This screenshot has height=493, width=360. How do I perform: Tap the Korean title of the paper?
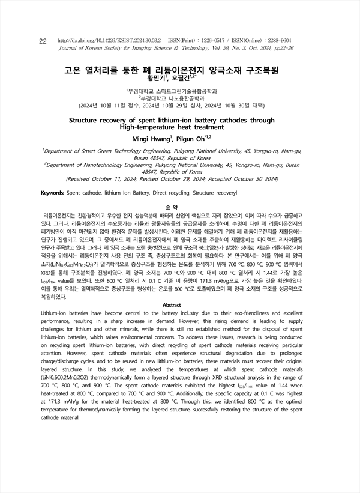click(172, 70)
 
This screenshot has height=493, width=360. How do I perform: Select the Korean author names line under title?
click(171, 78)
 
